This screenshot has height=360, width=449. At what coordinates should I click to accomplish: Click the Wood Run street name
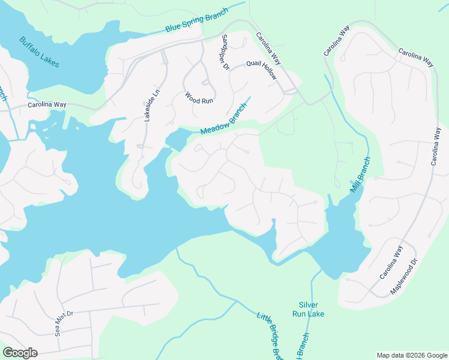pos(199,97)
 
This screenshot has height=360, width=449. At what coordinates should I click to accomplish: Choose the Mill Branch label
pos(361,175)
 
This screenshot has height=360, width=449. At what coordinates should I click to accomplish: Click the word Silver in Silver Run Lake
pos(308,305)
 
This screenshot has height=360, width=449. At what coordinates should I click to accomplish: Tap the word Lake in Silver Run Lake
pos(316,314)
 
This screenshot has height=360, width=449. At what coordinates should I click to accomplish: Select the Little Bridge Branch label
pos(270,335)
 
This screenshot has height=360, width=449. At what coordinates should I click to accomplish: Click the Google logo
pos(20,353)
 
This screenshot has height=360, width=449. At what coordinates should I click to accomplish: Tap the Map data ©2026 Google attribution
pos(411,355)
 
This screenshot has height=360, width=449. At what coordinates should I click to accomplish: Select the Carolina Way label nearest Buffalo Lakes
pos(47,104)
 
